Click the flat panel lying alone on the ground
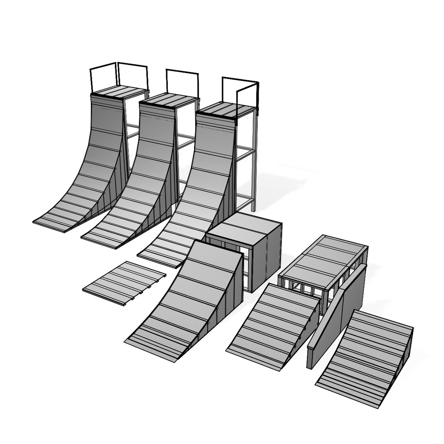(123, 283)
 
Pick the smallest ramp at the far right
(366, 354)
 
